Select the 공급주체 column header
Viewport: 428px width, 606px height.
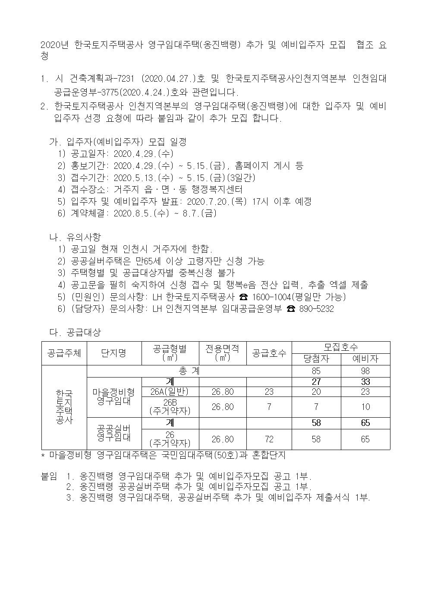64,353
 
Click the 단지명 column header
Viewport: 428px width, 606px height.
114,353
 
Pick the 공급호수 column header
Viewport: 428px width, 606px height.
269,353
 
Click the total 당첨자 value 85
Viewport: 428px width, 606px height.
316,371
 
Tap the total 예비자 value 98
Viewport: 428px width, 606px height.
365,371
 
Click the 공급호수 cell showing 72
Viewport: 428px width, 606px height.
269,439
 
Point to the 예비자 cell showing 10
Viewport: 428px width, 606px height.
365,407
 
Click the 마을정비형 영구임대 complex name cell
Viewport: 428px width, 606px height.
114,397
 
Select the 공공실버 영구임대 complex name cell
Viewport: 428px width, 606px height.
114,433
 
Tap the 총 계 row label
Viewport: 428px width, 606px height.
189,371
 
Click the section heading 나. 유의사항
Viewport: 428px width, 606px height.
76,237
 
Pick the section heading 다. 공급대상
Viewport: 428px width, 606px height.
76,332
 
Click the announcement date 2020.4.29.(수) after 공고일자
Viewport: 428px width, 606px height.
144,154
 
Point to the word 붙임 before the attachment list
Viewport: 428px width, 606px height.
48,477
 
